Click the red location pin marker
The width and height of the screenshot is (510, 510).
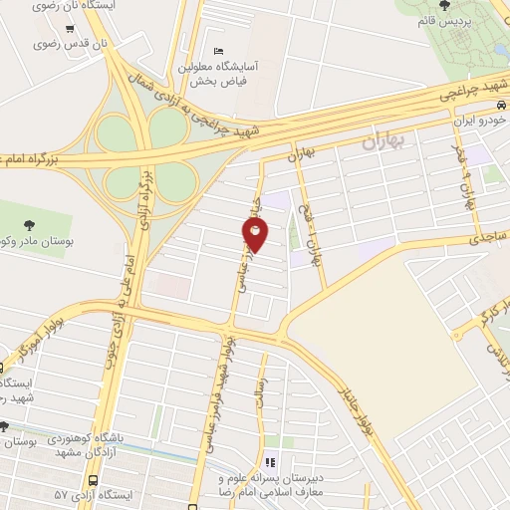click(256, 235)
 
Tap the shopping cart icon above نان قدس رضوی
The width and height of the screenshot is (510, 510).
click(69, 29)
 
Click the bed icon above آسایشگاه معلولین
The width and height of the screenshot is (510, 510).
click(217, 52)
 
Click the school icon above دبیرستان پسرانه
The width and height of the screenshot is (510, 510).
click(281, 460)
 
